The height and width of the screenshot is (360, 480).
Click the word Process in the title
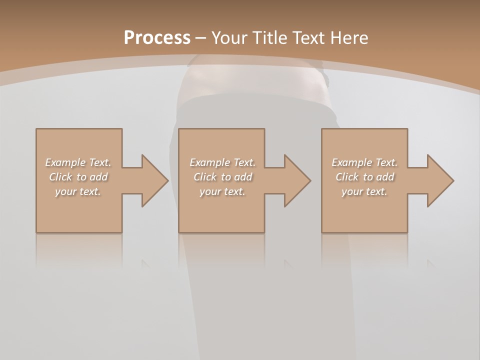[157, 38]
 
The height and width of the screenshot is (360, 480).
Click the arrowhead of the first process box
[154, 180]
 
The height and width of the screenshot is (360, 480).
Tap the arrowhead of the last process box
[440, 180]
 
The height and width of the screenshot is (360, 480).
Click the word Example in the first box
[65, 162]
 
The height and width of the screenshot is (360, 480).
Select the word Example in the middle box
[209, 162]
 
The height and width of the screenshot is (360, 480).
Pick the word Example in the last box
[351, 162]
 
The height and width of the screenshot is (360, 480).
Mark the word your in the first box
[65, 191]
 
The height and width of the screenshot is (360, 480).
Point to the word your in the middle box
[210, 191]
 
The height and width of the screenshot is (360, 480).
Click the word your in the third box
[352, 191]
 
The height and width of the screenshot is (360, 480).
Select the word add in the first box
[99, 177]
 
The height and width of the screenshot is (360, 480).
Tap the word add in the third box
[386, 177]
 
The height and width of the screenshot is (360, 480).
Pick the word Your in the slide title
[228, 38]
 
